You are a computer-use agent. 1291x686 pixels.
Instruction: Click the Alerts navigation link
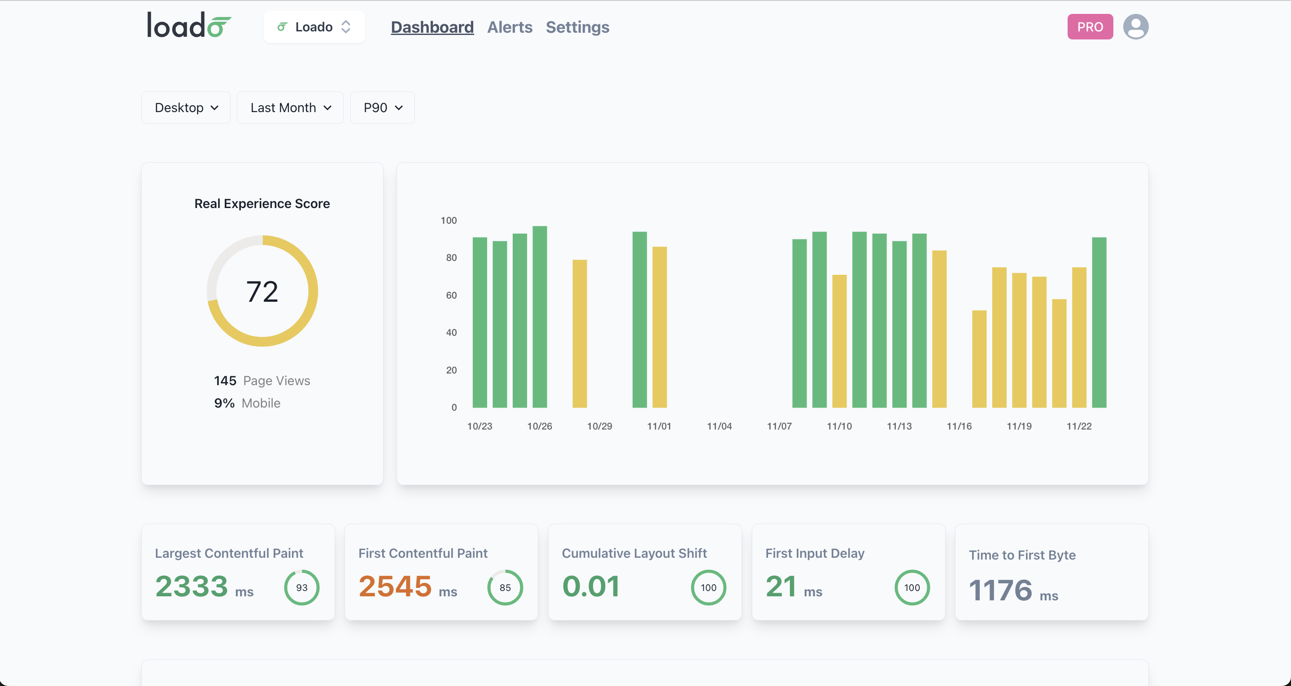coord(509,27)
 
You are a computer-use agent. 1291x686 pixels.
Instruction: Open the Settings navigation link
coord(577,27)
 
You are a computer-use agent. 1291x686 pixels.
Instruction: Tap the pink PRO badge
coord(1090,27)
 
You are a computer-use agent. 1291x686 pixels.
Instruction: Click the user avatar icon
coord(1135,27)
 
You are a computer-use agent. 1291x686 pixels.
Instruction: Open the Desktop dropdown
coord(186,108)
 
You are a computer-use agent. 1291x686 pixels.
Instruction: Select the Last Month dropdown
coord(290,108)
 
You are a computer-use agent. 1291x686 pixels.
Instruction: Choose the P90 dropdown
coord(382,108)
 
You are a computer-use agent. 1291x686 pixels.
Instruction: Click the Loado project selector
coord(314,27)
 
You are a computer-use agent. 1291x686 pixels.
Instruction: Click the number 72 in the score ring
coord(262,291)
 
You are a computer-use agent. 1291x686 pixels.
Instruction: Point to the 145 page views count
coord(225,381)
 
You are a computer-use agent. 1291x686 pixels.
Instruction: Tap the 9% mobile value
coord(224,404)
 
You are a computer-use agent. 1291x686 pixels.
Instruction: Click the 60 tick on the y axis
coord(451,295)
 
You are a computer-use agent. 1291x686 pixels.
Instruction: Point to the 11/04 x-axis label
coord(719,426)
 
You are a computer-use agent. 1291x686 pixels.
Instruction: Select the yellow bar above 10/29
coord(580,333)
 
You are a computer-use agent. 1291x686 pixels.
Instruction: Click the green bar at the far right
coord(1099,322)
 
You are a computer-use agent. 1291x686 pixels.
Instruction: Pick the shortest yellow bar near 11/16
coord(979,359)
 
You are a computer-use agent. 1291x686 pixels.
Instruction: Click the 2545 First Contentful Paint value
coord(395,586)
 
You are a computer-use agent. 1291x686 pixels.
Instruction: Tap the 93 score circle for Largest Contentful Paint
coord(302,587)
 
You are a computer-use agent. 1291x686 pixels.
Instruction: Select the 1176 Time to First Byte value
coord(1000,590)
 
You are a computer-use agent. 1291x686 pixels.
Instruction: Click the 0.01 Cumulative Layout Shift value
coord(591,586)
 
